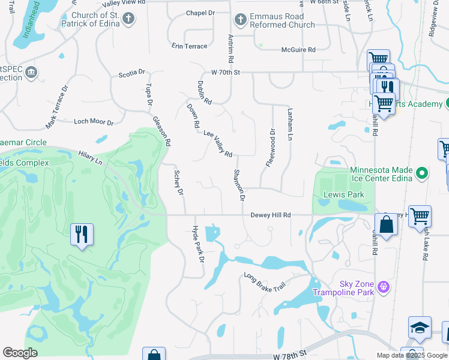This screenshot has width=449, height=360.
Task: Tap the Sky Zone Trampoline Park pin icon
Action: tap(384, 287)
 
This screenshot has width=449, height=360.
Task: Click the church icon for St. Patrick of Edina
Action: tap(128, 19)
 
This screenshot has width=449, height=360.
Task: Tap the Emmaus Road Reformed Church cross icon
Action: tap(240, 20)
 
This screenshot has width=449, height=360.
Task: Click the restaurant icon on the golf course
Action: tap(82, 233)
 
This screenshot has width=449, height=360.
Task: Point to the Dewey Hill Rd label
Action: tap(270, 215)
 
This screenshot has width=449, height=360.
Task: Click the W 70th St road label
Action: tap(225, 73)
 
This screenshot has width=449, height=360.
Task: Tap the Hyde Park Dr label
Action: tap(197, 244)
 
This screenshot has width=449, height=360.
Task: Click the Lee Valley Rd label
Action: tap(217, 144)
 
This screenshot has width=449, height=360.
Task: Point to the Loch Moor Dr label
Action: tap(94, 122)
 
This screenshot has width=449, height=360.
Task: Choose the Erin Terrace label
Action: tap(189, 46)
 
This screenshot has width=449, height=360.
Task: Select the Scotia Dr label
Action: tap(132, 73)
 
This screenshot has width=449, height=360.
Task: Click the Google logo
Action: tap(20, 353)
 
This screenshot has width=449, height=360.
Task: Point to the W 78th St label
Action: tap(289, 356)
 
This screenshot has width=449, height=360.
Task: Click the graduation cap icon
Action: tap(420, 328)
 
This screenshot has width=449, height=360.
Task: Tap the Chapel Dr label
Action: tap(200, 13)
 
